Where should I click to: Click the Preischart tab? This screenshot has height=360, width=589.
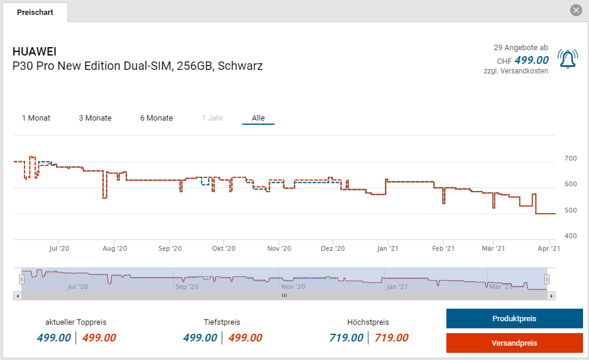coord(35,13)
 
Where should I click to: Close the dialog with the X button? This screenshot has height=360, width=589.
coord(576,10)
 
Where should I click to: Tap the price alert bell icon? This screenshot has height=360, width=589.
coord(568,59)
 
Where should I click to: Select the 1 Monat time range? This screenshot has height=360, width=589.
coord(36,118)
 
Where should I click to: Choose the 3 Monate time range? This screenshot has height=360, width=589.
coord(95,118)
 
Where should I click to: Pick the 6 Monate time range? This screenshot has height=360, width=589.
coord(156,118)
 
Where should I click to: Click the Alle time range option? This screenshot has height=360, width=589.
coord(258,118)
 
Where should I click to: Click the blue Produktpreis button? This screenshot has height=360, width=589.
coord(514,319)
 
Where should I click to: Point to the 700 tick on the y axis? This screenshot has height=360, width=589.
coord(571,158)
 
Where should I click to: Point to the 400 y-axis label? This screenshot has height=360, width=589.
coord(571,236)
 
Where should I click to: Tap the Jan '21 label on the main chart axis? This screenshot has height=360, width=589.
coord(388,248)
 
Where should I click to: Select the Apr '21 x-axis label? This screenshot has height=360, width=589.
coord(548,248)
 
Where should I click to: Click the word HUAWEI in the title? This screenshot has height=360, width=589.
coord(35,51)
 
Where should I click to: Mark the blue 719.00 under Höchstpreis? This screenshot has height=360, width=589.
coord(346,338)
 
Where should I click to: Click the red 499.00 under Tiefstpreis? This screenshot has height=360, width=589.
coord(245,338)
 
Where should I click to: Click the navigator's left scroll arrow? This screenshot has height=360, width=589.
coord(17,296)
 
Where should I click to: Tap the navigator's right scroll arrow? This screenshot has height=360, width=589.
coord(551,296)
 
